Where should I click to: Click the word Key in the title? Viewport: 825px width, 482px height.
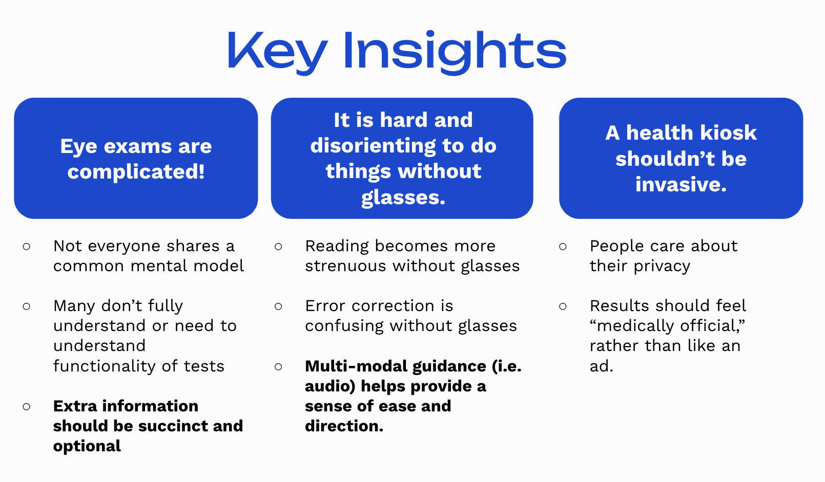[x=277, y=51]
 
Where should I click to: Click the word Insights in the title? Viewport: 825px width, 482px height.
[x=454, y=51]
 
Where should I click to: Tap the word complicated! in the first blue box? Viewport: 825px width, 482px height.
[x=136, y=172]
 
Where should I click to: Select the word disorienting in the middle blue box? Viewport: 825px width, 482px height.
[x=373, y=146]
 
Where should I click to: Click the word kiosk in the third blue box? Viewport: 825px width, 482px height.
[x=728, y=133]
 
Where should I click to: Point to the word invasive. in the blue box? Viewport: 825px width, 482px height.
[x=680, y=184]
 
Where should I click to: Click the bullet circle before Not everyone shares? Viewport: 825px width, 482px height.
[x=27, y=247]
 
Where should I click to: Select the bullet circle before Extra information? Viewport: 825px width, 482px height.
[x=27, y=407]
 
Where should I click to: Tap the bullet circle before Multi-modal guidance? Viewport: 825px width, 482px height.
[x=278, y=367]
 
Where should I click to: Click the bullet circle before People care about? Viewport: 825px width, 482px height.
[x=563, y=247]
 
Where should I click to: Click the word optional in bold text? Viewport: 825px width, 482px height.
[x=87, y=446]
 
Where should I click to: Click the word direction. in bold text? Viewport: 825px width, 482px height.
[x=344, y=426]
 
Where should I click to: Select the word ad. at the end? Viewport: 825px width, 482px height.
[x=601, y=366]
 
